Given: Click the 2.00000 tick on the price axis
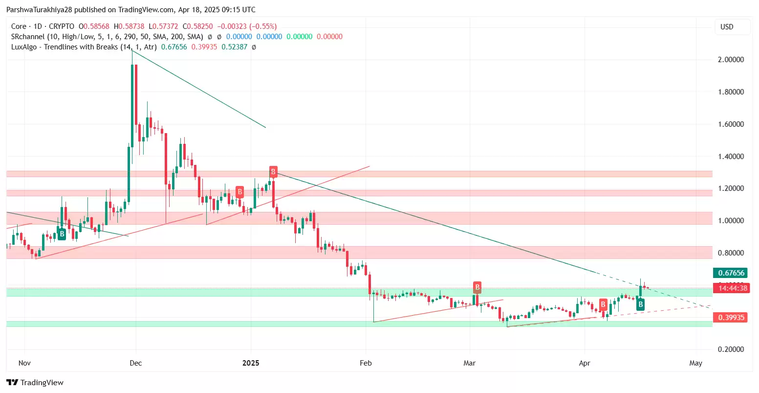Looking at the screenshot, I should (x=731, y=60).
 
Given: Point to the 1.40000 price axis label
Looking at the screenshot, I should (x=731, y=157).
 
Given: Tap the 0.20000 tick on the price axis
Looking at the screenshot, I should (x=731, y=349).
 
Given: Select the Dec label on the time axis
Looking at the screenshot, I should (x=135, y=363).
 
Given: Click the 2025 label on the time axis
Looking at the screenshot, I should (x=251, y=363).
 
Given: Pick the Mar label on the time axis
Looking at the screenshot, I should (x=469, y=363).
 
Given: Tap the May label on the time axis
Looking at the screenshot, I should (x=695, y=363).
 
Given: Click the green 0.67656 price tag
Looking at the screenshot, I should (x=730, y=273).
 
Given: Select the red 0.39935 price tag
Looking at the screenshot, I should (x=730, y=318).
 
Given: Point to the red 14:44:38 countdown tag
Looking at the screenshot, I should (x=730, y=288).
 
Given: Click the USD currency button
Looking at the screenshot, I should (x=727, y=27).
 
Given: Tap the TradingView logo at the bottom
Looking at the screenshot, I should (x=35, y=382).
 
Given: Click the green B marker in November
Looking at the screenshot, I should (x=62, y=234).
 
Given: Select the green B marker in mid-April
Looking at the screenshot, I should (x=640, y=305).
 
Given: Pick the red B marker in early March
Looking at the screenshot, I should (x=477, y=287).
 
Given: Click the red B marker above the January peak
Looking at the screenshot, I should (x=273, y=172).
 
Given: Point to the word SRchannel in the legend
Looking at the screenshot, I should (x=28, y=37).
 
